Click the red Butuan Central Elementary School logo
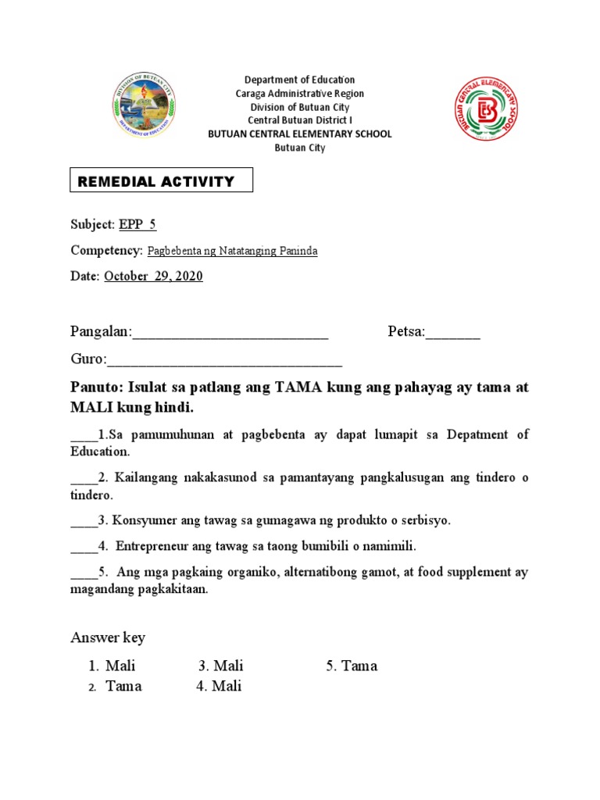coord(487,111)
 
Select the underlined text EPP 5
coord(137,224)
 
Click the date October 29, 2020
coord(153,276)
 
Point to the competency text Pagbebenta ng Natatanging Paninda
coord(232,251)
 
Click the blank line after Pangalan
coord(230,334)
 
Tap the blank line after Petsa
coord(452,334)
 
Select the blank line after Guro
coord(224,360)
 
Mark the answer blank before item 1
coord(84,435)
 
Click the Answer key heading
coord(108,637)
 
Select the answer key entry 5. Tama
coord(352,666)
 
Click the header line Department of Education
coord(299,80)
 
